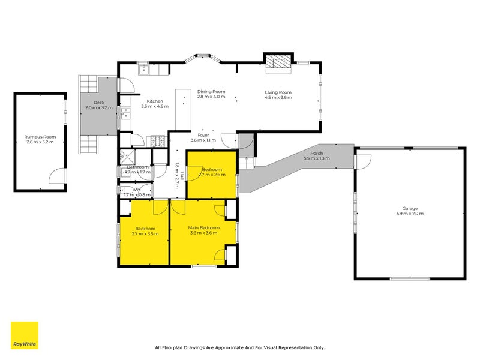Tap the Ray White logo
[25, 336]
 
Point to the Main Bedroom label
[204, 228]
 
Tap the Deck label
[98, 103]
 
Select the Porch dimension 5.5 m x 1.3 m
[317, 158]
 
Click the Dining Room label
[211, 91]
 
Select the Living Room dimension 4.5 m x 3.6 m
[278, 97]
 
